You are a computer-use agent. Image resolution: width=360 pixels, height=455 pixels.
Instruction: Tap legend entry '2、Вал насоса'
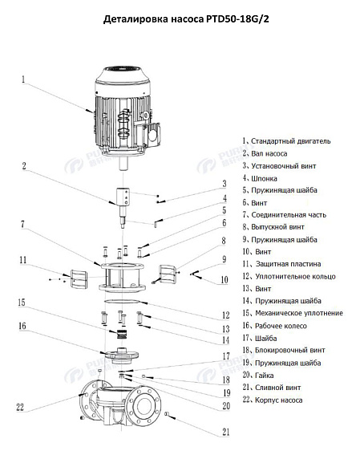pos(269,152)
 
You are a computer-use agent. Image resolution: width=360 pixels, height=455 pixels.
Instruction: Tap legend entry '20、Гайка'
pos(265,375)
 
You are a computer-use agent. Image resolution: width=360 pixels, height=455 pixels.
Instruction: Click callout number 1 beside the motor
pos(23,79)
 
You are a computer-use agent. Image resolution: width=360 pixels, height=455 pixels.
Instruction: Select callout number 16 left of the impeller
pos(22,326)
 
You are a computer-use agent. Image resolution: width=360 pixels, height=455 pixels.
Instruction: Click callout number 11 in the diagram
pos(24,259)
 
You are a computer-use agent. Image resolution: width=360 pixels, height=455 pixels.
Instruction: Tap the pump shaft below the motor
pos(124,204)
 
